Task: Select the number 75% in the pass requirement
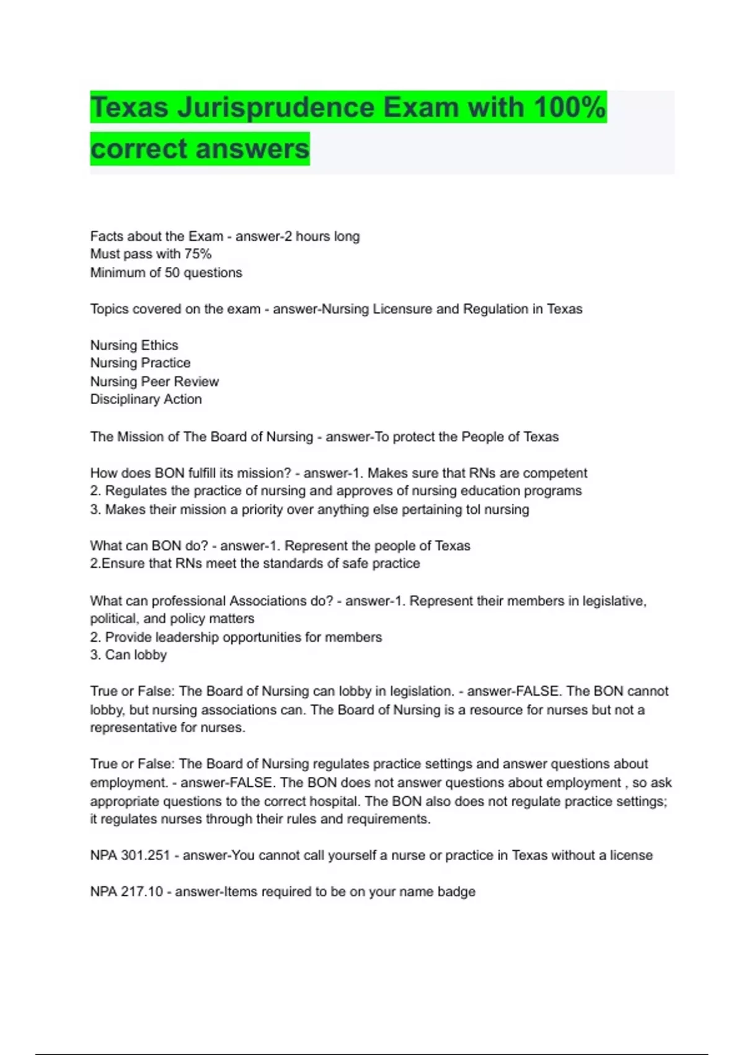198,254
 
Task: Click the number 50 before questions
172,272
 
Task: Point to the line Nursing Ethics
134,345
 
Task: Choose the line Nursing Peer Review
154,381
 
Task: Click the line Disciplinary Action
146,399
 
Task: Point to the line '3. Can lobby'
128,655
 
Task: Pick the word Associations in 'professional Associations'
268,601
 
